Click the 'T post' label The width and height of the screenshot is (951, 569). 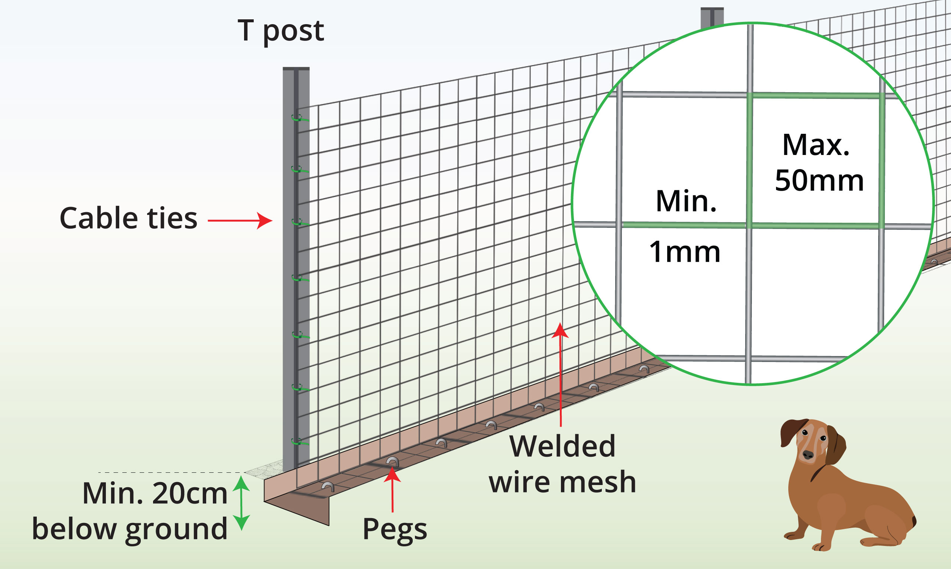281,31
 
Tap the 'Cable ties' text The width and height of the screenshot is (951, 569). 129,218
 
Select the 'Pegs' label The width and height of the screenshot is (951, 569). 394,530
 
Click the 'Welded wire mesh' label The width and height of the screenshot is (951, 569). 562,464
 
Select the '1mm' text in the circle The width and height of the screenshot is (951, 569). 685,252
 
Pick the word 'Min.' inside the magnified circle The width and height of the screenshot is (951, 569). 686,201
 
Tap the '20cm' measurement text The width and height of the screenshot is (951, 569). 190,494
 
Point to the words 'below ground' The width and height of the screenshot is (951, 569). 130,529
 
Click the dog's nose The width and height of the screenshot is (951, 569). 808,455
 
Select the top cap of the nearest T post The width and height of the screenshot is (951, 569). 296,69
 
